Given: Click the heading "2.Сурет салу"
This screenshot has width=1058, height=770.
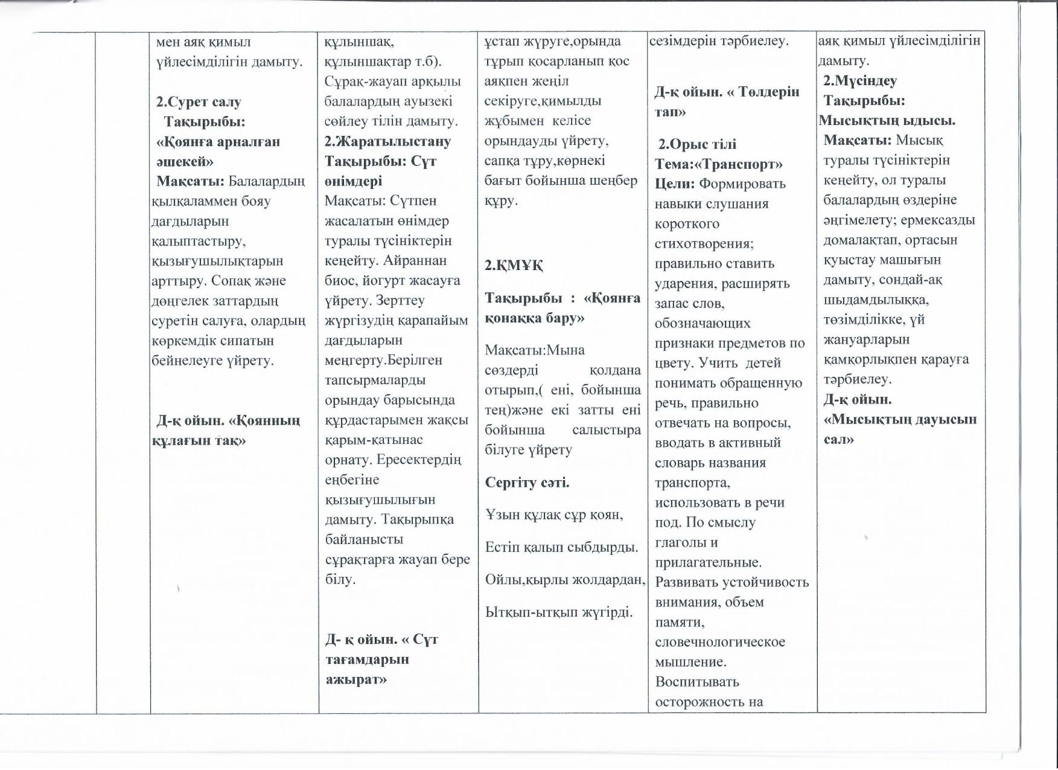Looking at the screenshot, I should point(199,101).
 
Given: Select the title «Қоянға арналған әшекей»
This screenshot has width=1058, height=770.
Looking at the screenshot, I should point(218,151).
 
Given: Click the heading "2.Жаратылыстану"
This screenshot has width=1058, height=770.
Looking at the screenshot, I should point(387,141).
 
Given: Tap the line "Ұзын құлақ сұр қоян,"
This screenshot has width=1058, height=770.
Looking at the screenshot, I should point(554,515).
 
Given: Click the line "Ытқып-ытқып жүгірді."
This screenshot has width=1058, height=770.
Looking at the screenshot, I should point(559,612).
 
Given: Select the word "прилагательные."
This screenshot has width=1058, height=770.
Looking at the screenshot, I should point(708,562).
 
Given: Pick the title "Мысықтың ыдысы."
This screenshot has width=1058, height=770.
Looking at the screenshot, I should point(887,120).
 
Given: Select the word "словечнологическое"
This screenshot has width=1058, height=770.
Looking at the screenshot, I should point(720,641).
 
